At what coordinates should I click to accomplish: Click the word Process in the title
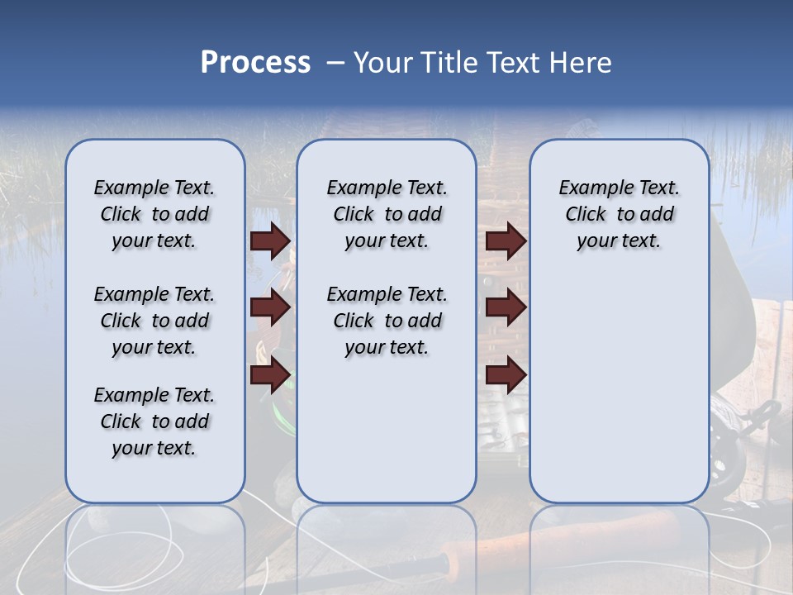(255, 63)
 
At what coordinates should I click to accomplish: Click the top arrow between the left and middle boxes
(270, 241)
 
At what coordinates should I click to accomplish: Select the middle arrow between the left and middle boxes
(270, 307)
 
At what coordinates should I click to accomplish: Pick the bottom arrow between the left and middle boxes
(270, 375)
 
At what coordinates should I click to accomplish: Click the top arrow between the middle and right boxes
(506, 241)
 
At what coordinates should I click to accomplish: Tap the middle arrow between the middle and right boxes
(506, 307)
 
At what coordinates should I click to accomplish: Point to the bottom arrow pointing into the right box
(506, 375)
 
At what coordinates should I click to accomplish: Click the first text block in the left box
(154, 214)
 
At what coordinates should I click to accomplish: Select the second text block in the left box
(154, 321)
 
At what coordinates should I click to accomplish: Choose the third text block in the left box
(154, 421)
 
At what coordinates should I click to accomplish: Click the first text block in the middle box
(387, 214)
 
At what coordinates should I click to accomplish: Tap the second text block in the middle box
(387, 321)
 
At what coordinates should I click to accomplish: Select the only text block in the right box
(619, 214)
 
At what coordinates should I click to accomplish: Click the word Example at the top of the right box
(591, 188)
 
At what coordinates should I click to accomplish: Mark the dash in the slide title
(335, 63)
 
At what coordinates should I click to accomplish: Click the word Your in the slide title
(382, 63)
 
